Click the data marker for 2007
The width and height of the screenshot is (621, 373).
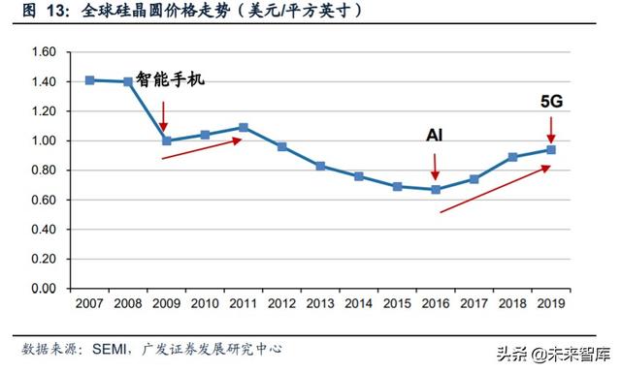pyautogui.click(x=90, y=80)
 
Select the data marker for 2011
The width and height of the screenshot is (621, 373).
pyautogui.click(x=243, y=127)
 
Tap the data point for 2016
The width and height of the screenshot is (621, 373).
pyautogui.click(x=436, y=190)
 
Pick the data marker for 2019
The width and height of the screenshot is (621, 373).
pyautogui.click(x=551, y=149)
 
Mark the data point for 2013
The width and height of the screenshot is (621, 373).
pyautogui.click(x=320, y=166)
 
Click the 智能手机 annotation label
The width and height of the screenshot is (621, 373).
pyautogui.click(x=171, y=78)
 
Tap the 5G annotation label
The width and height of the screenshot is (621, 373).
pyautogui.click(x=551, y=100)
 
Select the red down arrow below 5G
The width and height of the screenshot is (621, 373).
pyautogui.click(x=551, y=127)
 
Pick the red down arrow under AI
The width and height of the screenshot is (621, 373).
pyautogui.click(x=436, y=167)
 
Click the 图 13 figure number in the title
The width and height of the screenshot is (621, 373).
pyautogui.click(x=41, y=12)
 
